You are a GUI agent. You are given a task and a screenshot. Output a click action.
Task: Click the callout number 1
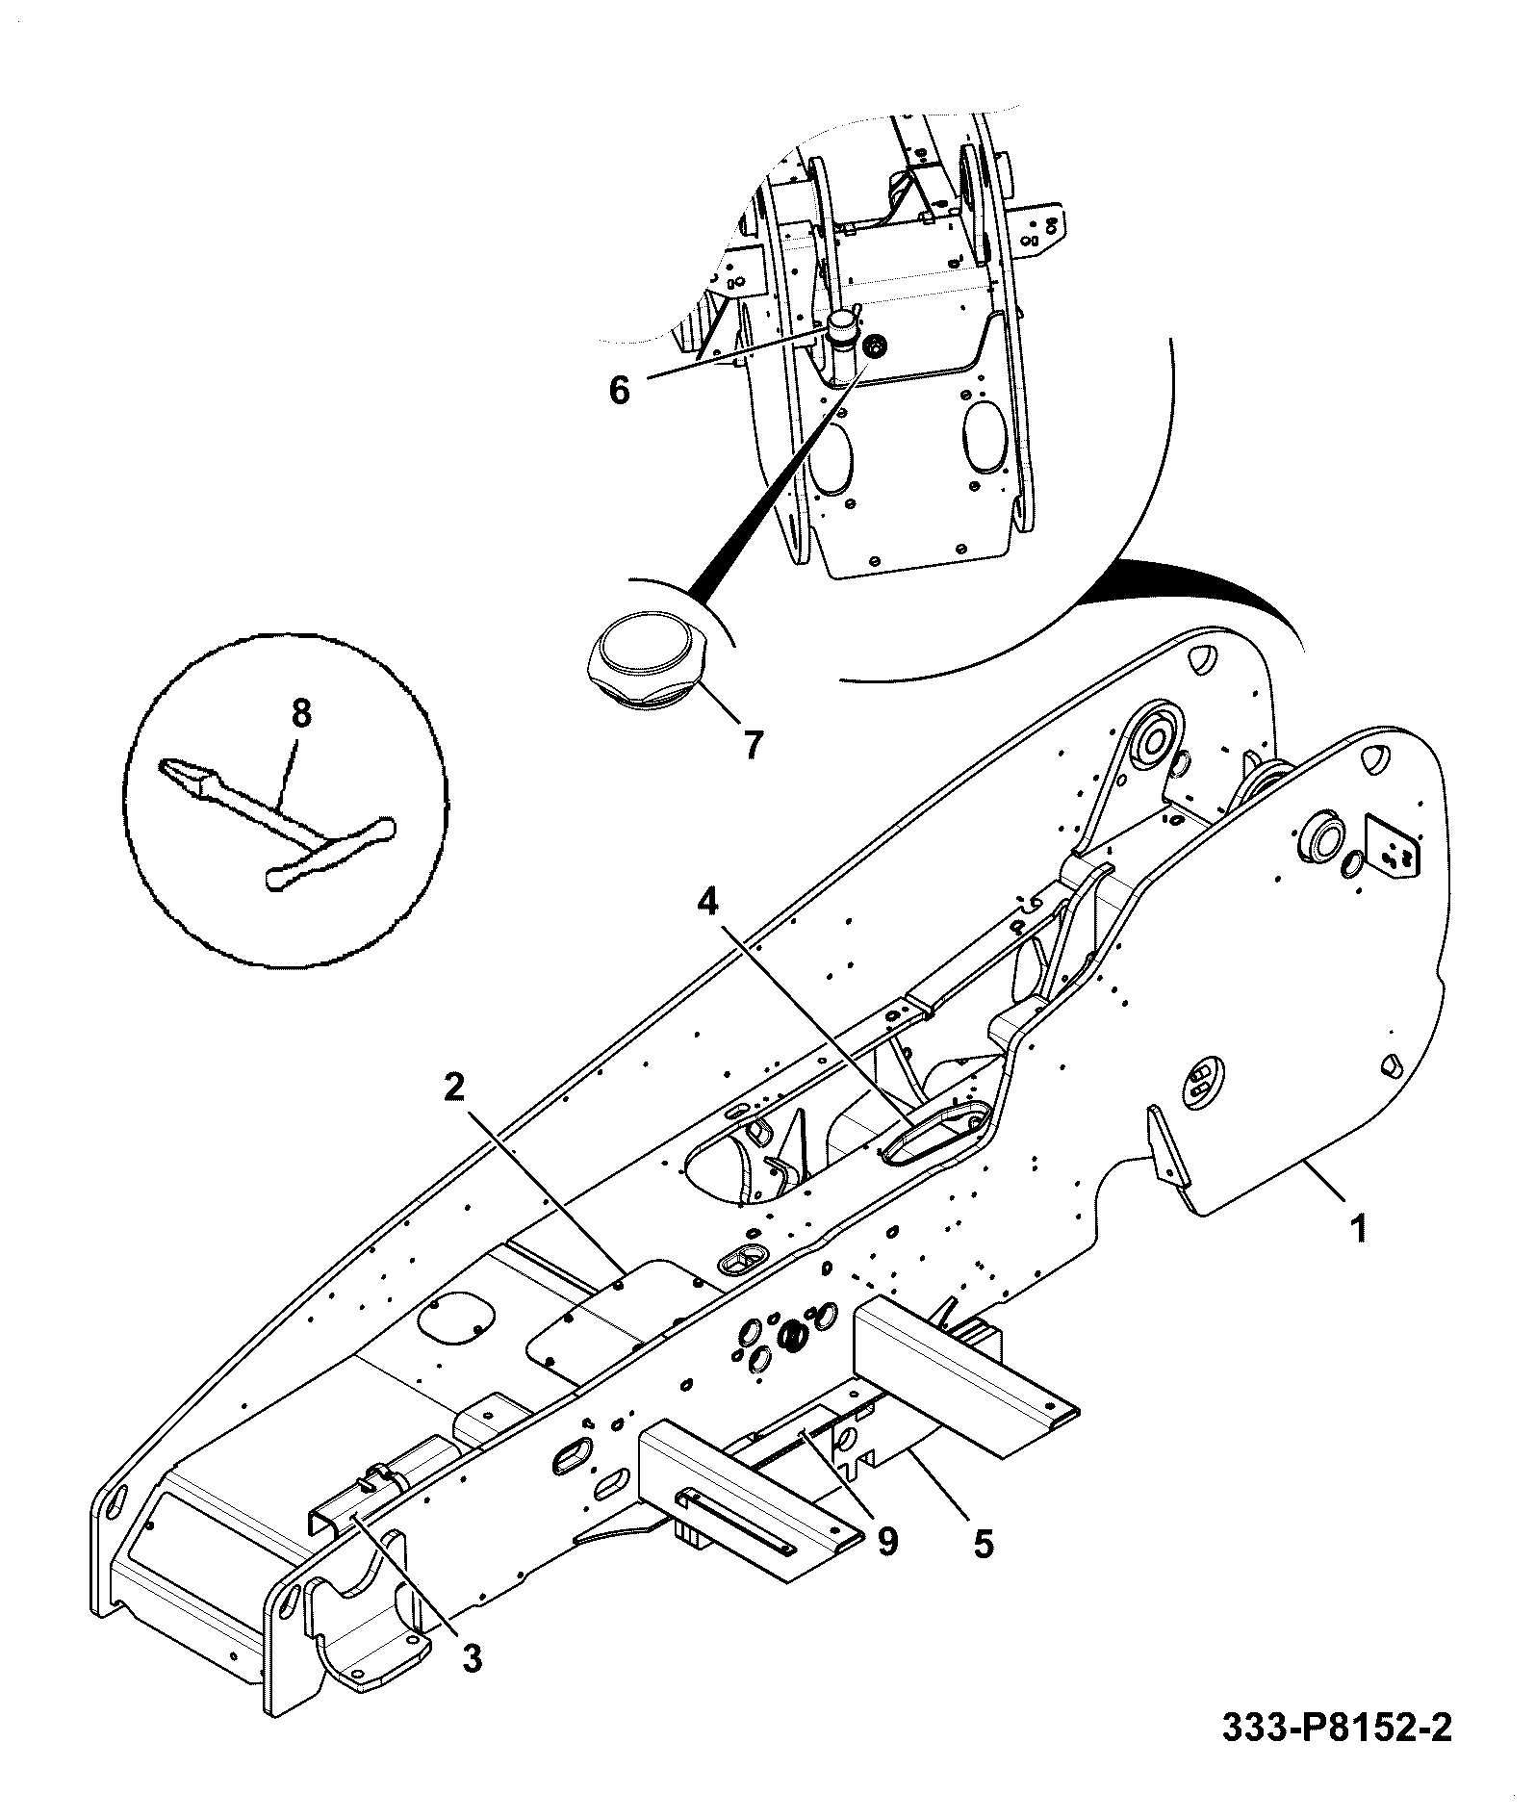click(1358, 1229)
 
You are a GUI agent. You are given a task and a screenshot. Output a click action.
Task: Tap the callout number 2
click(454, 1089)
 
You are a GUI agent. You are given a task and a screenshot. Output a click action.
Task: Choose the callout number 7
click(752, 744)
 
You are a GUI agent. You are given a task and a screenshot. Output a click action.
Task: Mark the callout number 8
click(300, 714)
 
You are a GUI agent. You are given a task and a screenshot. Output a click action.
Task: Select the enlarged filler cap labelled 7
click(649, 663)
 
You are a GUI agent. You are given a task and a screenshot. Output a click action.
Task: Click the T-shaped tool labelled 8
click(277, 820)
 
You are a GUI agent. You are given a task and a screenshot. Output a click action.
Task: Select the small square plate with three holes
click(1394, 846)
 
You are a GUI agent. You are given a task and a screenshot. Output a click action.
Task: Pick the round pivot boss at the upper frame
click(1154, 742)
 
